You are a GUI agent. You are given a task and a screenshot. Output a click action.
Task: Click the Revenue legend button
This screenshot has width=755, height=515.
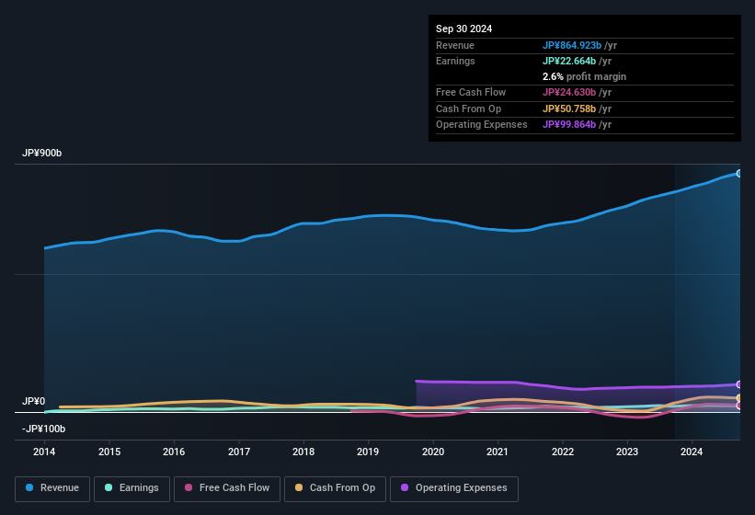(51, 488)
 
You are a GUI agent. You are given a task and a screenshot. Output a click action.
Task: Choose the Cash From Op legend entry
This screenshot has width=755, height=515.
(335, 488)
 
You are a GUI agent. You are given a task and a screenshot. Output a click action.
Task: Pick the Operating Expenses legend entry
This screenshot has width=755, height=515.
(453, 488)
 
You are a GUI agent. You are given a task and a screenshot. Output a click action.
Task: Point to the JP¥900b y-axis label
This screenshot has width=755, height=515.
(42, 153)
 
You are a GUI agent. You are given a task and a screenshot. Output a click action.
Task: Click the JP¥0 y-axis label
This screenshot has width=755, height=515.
(34, 402)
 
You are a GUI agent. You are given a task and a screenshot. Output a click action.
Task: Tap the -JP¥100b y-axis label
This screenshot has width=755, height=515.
(44, 429)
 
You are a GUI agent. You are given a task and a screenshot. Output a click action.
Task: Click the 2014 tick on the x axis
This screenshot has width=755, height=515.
(44, 452)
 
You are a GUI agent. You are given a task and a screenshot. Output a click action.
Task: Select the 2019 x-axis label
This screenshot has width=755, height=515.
(368, 452)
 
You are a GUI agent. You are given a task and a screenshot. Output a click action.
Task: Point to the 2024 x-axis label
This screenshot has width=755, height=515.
(692, 452)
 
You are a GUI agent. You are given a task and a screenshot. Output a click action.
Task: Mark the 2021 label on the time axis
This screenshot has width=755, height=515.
(498, 452)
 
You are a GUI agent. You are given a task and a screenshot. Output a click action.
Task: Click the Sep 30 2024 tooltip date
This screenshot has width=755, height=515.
(463, 29)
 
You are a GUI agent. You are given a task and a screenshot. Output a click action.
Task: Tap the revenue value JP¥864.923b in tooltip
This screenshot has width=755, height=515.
(572, 45)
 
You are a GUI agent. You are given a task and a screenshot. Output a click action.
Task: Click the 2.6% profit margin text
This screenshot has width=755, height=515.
(584, 76)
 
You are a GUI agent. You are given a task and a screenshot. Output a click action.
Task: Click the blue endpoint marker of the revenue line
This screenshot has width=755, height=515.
(738, 173)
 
